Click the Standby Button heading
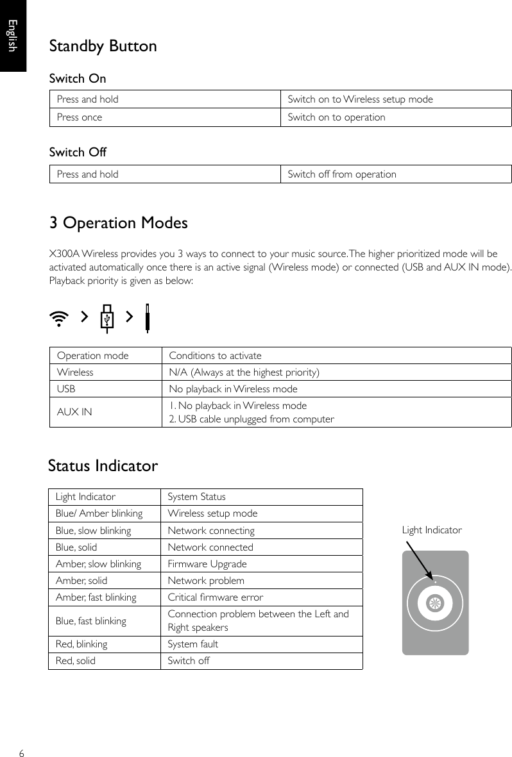click(x=103, y=47)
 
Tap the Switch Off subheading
click(x=78, y=153)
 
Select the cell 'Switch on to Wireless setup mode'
click(x=360, y=99)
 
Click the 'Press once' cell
click(x=80, y=117)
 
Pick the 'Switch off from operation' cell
click(x=342, y=174)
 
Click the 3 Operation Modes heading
click(x=119, y=224)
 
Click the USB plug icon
click(x=108, y=318)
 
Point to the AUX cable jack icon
click(x=147, y=318)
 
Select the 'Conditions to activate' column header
click(x=215, y=356)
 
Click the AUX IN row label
click(x=74, y=412)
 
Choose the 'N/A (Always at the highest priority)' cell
click(x=244, y=372)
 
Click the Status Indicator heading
click(x=103, y=466)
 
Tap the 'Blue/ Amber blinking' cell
click(x=99, y=513)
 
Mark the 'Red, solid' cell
click(x=76, y=661)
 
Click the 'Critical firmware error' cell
click(x=215, y=597)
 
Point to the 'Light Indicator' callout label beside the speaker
click(x=431, y=530)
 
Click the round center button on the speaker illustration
click(x=435, y=603)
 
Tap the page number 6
click(x=22, y=753)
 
